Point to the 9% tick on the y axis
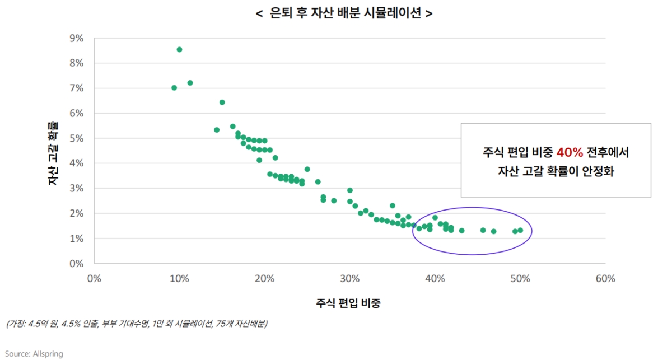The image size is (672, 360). [x=76, y=38]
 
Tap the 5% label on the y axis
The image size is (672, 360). [x=76, y=138]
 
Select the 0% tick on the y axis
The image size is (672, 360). [x=76, y=264]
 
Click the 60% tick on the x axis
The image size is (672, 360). [x=605, y=279]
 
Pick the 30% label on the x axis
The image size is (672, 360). [x=349, y=279]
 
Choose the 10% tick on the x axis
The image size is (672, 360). [x=179, y=279]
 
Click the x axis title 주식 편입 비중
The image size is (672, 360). [x=349, y=303]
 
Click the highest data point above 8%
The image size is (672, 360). [x=179, y=49]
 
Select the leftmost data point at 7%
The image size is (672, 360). [x=174, y=88]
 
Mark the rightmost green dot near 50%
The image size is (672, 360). [x=520, y=230]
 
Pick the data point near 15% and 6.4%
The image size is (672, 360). [x=222, y=102]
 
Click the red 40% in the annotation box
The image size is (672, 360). [x=570, y=152]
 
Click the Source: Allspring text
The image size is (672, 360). [x=34, y=354]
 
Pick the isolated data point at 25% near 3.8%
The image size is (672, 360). [x=307, y=169]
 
